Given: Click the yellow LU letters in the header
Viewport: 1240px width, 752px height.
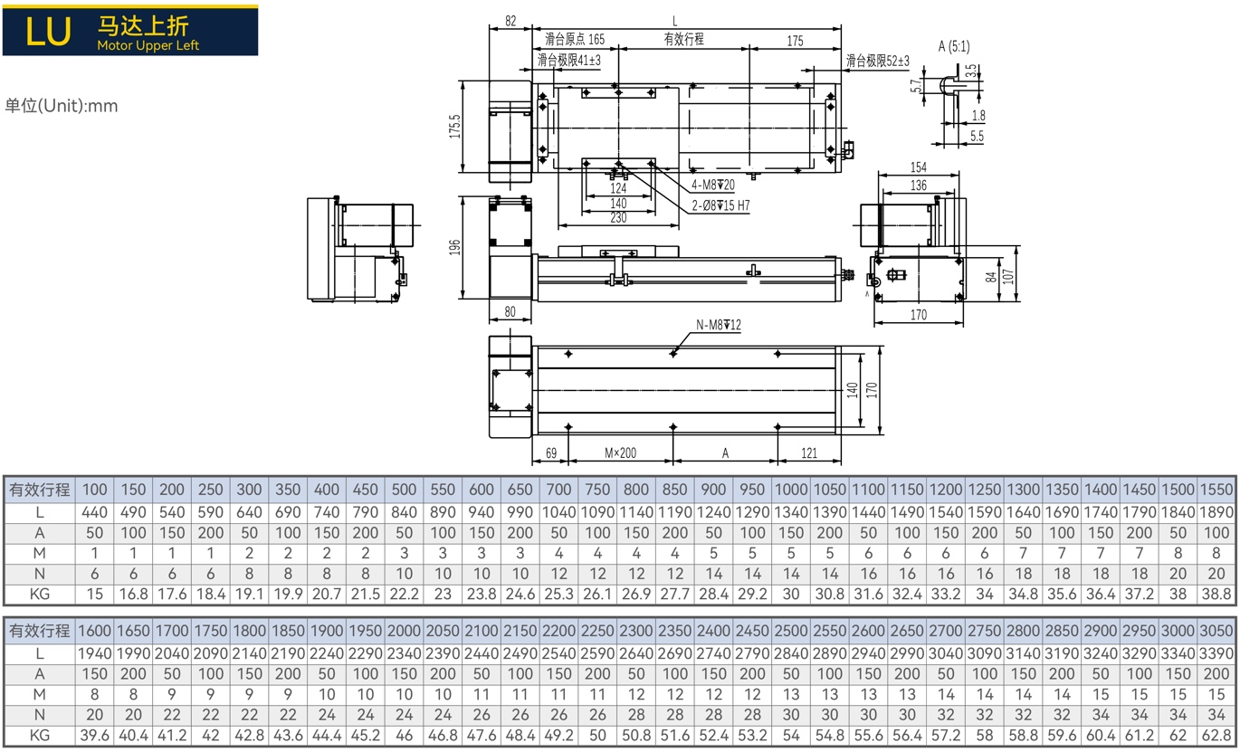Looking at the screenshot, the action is point(48,31).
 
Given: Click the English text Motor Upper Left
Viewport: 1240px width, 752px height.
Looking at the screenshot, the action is point(148,45).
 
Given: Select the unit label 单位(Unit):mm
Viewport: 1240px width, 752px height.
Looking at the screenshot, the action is point(62,105).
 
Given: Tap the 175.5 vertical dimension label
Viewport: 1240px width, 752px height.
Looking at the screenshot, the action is point(454,126).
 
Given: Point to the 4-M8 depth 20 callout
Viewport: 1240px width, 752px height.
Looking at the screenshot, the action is point(713,185).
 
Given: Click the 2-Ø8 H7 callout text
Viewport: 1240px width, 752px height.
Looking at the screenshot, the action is point(720,205).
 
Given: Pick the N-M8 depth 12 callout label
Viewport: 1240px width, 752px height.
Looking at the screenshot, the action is point(718,325).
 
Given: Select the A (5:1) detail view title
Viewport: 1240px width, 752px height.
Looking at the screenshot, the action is point(954,46).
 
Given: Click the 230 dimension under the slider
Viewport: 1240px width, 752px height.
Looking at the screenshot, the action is point(618,218).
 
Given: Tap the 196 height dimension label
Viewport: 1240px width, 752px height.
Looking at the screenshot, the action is point(454,247).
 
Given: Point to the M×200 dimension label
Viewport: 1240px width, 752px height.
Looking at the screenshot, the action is point(620,453).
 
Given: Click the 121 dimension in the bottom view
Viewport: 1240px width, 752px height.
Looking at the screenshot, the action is point(809,453).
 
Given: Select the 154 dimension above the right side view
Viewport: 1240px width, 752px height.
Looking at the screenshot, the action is point(919,167).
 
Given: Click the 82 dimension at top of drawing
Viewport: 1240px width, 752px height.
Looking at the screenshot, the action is point(510,21).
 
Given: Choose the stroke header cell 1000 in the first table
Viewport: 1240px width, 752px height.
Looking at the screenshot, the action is point(790,490).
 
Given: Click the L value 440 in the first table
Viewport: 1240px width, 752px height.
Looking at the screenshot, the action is point(94,512).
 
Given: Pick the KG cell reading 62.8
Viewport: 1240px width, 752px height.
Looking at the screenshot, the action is point(1216,736).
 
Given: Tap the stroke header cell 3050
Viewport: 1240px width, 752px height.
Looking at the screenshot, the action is point(1216,631).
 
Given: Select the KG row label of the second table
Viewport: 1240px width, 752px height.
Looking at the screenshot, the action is point(39,736).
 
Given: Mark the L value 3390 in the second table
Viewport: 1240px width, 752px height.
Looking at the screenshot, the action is point(1216,653).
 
